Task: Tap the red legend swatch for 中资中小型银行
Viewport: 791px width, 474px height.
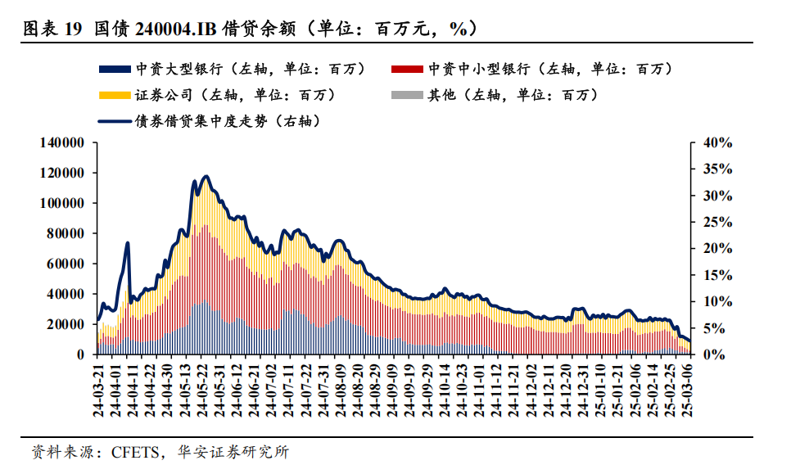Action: pyautogui.click(x=409, y=69)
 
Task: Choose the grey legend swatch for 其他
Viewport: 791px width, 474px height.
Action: pyautogui.click(x=409, y=95)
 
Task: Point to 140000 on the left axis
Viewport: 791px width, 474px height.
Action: pyautogui.click(x=62, y=142)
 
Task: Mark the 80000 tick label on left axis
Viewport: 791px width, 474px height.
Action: pyautogui.click(x=66, y=233)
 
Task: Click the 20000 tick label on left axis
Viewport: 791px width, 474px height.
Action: pyautogui.click(x=66, y=324)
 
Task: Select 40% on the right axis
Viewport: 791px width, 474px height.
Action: pyautogui.click(x=717, y=142)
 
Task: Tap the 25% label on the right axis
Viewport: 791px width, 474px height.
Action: pyautogui.click(x=717, y=222)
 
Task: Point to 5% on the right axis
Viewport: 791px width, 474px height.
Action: pyautogui.click(x=715, y=328)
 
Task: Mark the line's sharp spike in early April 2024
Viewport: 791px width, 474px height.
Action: pyautogui.click(x=128, y=243)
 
